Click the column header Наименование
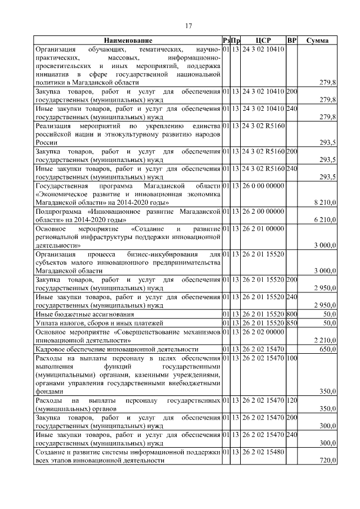(127, 41)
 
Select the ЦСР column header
(263, 41)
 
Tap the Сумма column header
(318, 41)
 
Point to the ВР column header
(291, 41)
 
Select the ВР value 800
(291, 313)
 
